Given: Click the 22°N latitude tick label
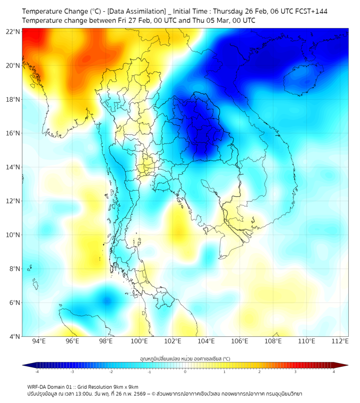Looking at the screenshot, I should coord(13,32).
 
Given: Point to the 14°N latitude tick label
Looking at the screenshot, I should coord(13,167).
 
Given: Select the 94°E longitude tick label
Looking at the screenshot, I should coord(39,341).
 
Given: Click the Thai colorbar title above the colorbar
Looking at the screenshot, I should coord(185,358).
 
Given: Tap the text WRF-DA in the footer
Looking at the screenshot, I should coord(37,387).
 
